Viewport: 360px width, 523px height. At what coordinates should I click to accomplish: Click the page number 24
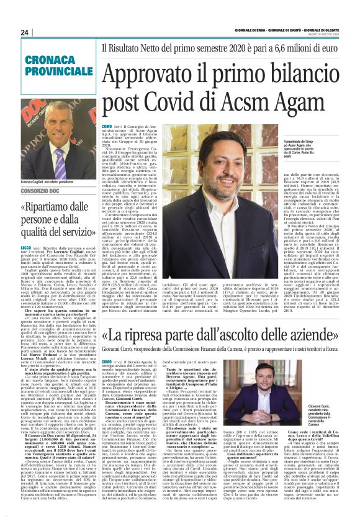coord(25,32)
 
